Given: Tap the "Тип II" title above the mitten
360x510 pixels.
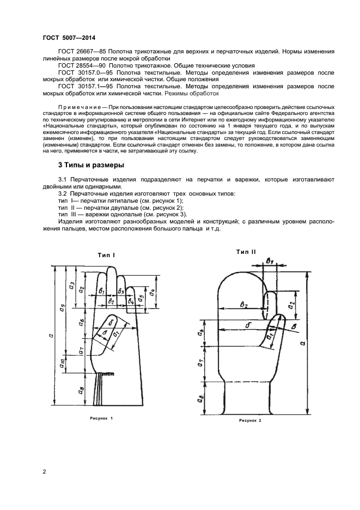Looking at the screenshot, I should click(x=246, y=251).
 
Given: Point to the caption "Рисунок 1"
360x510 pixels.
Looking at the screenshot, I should click(x=101, y=418).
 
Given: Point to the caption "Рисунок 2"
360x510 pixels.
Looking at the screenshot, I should click(x=250, y=421).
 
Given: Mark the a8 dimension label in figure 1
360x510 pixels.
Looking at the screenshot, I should click(x=82, y=390).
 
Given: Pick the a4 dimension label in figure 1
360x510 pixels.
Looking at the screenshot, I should click(x=152, y=292).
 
